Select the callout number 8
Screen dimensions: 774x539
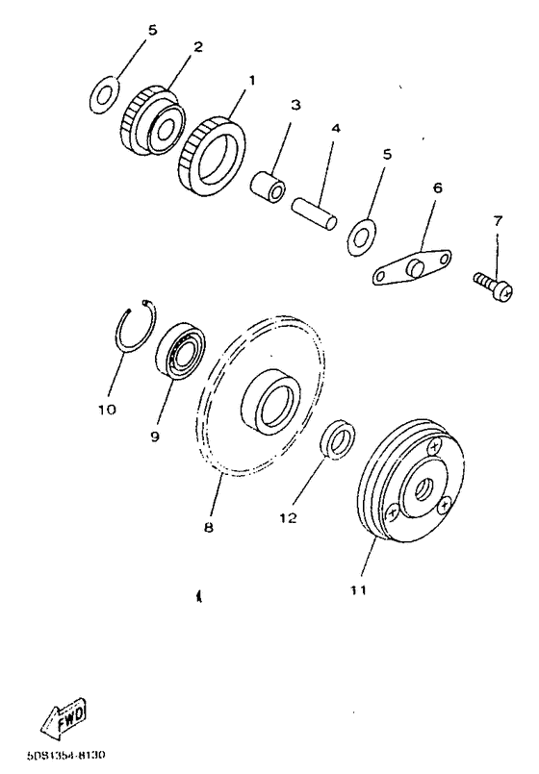pyautogui.click(x=208, y=528)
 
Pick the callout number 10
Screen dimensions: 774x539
pyautogui.click(x=107, y=410)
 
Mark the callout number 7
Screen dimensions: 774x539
pyautogui.click(x=498, y=220)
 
